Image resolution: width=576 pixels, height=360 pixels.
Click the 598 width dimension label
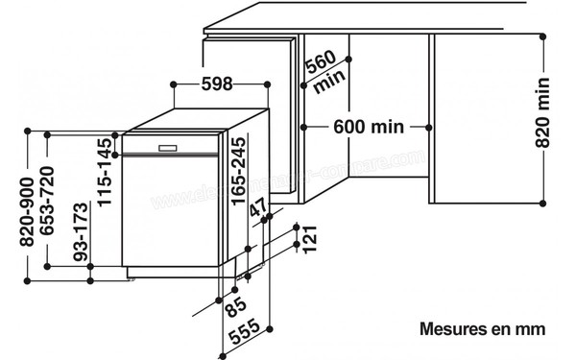[218, 84]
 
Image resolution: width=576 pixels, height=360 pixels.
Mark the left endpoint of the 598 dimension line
[173, 84]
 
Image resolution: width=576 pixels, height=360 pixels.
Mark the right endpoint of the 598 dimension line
[264, 84]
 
